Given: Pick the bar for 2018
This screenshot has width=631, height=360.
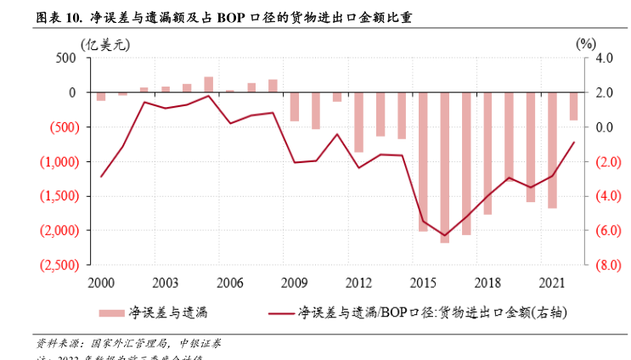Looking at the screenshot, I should pos(487,153).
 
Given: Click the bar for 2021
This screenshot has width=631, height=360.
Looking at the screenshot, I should pos(552,149).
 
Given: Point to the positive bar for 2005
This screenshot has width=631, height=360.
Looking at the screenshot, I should pos(208,84).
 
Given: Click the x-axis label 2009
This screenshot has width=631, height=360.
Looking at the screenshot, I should pos(294,282).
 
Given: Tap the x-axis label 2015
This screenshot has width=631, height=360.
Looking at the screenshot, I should pos(423,282).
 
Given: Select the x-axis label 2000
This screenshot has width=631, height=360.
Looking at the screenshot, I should pos(101,282).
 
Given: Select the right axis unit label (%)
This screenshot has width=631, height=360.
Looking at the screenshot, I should pos(585,42).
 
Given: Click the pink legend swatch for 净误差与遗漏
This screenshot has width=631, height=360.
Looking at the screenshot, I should pos(111,312).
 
